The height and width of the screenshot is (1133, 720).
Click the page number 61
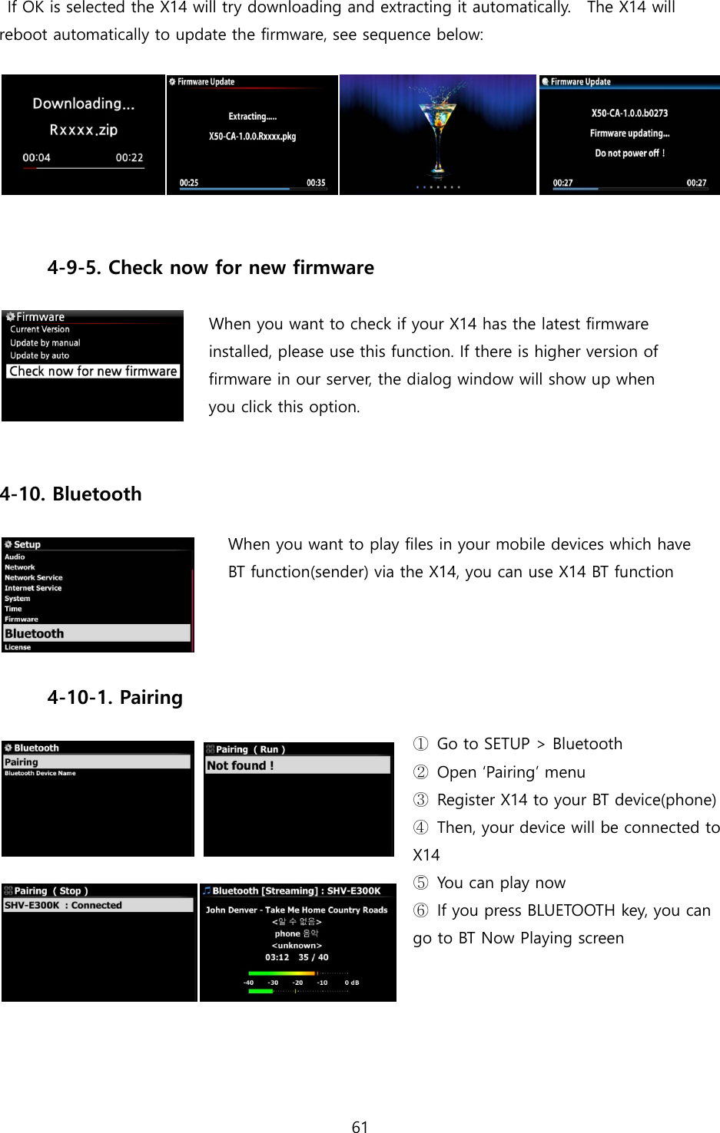[360, 1126]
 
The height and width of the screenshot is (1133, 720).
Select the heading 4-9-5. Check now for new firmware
[211, 268]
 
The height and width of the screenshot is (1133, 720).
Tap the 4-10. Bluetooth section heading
[71, 494]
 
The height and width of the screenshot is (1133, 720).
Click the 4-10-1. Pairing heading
[115, 698]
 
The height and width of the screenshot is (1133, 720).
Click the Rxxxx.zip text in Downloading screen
[84, 130]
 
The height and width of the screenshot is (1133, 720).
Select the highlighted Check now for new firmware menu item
[93, 372]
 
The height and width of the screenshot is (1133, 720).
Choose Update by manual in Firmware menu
[45, 343]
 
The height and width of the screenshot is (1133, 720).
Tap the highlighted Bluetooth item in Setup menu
[35, 633]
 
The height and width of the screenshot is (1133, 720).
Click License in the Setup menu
[18, 647]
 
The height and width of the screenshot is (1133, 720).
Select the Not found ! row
[241, 765]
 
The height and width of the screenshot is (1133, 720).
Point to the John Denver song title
[297, 910]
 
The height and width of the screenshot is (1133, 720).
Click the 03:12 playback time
[277, 957]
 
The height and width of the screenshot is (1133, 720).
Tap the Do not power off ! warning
[629, 154]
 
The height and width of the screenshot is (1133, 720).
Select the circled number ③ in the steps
[420, 800]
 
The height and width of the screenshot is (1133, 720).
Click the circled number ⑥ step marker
[420, 910]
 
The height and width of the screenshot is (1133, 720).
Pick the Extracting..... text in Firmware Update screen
[252, 117]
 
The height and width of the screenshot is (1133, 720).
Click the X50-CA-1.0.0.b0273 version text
[629, 113]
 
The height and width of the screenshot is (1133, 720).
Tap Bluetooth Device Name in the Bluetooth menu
[40, 773]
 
